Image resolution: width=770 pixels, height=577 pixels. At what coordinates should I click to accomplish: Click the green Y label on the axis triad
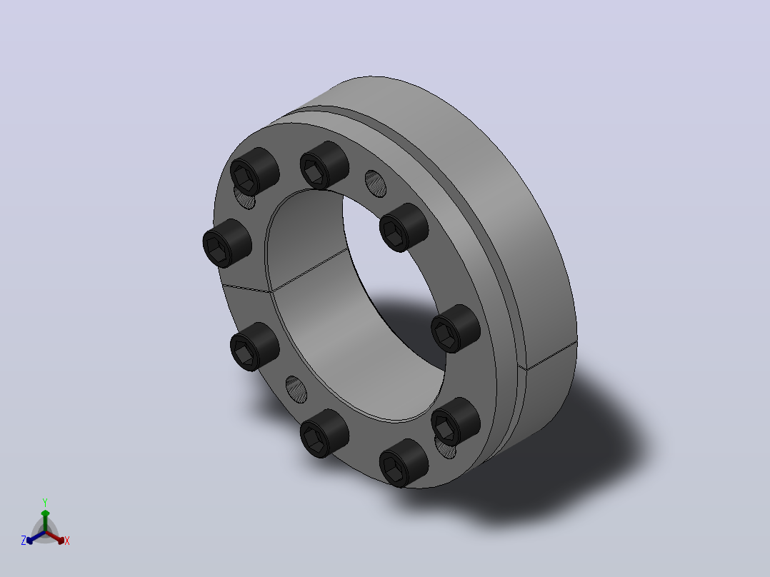click(x=45, y=502)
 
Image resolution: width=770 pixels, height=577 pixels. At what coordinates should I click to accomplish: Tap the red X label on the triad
click(x=67, y=541)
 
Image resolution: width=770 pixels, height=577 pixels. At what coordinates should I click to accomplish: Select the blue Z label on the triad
click(x=23, y=541)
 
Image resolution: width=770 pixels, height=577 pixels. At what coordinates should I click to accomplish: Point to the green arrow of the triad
click(x=45, y=521)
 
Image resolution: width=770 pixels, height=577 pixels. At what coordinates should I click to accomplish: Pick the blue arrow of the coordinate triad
click(x=36, y=537)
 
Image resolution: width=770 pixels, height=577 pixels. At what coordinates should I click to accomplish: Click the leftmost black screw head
click(x=227, y=243)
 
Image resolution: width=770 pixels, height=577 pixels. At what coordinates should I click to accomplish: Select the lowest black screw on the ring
click(x=404, y=463)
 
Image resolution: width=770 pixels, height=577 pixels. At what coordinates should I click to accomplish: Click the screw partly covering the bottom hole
click(x=455, y=421)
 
